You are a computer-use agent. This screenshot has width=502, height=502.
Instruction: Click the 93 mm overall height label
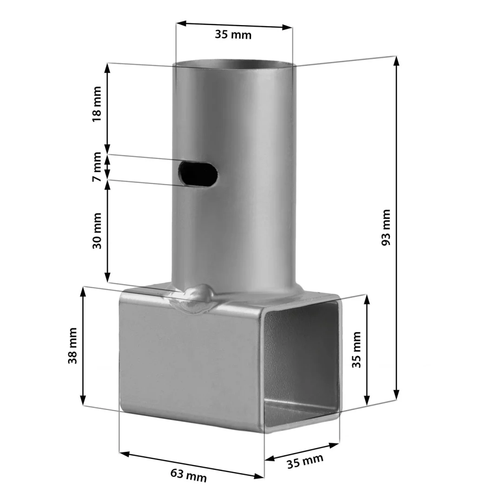[x=386, y=227]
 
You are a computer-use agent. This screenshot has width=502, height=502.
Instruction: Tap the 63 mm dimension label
[x=188, y=475]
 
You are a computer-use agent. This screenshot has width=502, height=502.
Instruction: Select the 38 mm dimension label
[x=73, y=345]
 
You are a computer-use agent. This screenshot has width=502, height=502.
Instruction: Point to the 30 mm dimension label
[x=97, y=231]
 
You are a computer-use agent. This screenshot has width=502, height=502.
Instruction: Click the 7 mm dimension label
[x=97, y=167]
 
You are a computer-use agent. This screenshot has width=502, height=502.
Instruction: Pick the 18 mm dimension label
[x=97, y=104]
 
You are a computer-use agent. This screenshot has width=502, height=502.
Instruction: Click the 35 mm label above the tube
[x=233, y=34]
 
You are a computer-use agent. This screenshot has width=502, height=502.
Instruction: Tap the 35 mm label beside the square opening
[x=357, y=350]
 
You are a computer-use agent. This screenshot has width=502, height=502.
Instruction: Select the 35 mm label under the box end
[x=305, y=461]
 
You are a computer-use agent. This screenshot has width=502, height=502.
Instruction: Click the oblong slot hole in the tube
[x=198, y=173]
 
